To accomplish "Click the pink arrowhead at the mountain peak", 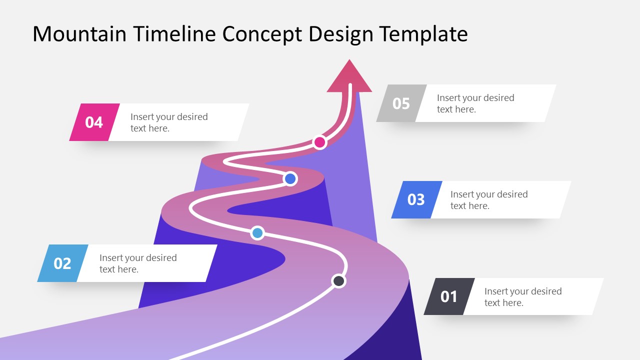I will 349,77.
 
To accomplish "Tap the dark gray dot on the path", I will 338,281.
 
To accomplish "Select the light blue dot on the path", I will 257,232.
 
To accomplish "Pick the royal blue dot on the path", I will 290,178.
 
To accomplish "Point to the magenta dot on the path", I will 320,142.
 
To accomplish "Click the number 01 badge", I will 448,296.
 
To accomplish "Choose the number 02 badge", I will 62,263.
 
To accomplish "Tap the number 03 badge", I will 415,199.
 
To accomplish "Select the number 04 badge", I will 94,122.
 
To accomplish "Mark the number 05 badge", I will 401,103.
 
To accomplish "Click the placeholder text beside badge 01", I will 523,297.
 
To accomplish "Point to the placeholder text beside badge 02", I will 138,263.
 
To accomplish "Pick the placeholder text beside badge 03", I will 489,200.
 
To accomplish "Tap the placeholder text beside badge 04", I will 169,122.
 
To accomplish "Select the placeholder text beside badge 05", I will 475,103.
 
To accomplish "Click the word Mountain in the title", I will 80,34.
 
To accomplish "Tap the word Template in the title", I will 423,34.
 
